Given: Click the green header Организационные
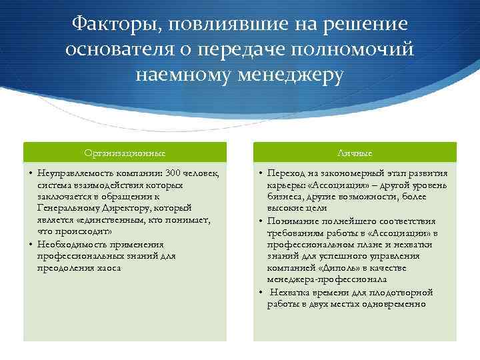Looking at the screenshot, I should (x=125, y=152).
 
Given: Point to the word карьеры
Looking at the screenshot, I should (x=285, y=185).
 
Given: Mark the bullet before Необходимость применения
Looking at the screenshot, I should (x=31, y=244).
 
